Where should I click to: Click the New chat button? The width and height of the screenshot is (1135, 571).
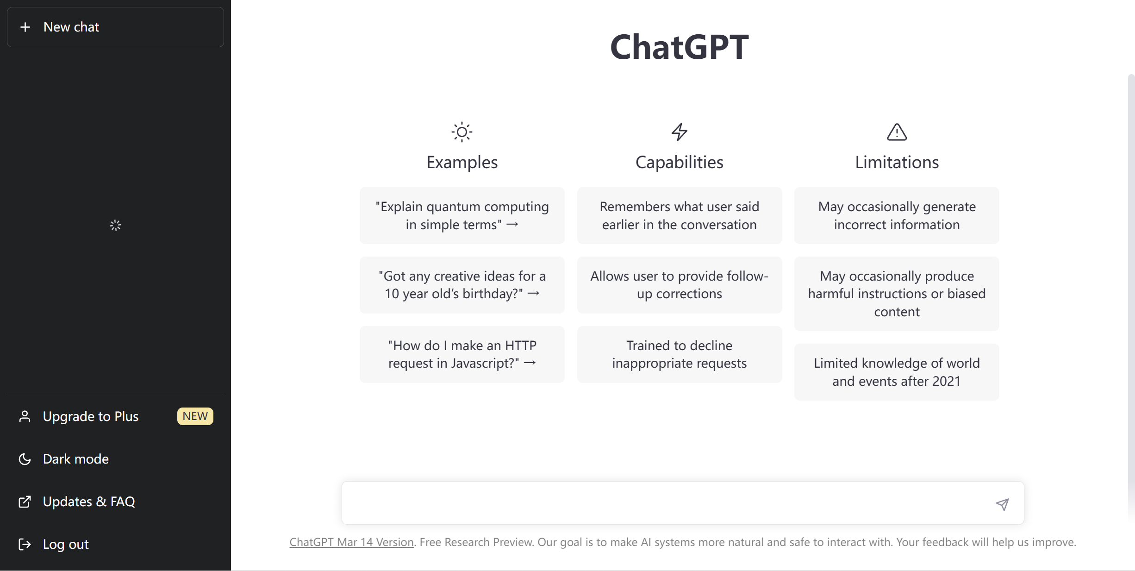(x=115, y=27)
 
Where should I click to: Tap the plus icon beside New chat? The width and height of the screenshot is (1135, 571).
(x=25, y=27)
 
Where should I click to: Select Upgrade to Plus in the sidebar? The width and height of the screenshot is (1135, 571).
(x=91, y=416)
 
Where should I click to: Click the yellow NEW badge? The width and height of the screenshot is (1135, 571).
(x=195, y=416)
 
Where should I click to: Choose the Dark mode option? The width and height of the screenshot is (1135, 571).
(x=76, y=459)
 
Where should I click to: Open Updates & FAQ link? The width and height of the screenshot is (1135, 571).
(x=89, y=502)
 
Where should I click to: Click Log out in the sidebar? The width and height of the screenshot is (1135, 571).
(x=66, y=544)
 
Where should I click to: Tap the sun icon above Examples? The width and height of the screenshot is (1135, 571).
(x=462, y=132)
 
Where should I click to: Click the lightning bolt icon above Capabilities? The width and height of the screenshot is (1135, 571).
(x=679, y=132)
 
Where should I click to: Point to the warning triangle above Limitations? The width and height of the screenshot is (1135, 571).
(x=897, y=132)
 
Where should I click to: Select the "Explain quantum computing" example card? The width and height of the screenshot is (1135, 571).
(x=462, y=215)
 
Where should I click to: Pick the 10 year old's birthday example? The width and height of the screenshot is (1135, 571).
(x=462, y=285)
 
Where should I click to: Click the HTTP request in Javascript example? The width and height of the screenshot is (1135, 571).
(x=462, y=354)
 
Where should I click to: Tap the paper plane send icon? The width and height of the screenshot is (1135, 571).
(x=1002, y=504)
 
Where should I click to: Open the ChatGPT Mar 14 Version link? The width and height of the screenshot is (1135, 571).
(x=351, y=542)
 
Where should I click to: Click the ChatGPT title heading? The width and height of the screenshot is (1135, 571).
(x=679, y=47)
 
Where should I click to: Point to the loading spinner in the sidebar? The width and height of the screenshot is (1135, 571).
(x=115, y=225)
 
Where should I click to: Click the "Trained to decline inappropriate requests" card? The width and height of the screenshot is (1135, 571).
(x=679, y=354)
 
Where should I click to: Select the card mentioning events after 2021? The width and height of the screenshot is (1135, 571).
(x=897, y=372)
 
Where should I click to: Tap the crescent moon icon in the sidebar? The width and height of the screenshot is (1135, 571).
(x=25, y=459)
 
